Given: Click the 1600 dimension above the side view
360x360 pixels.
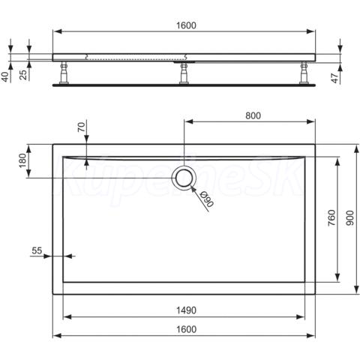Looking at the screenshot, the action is coord(186,25).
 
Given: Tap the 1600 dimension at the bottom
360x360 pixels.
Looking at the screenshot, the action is coord(186,329).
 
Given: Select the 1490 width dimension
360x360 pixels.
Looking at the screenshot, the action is coord(186,310).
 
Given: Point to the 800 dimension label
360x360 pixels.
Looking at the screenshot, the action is coord(253,115).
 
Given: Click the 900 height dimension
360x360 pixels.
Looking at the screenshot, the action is coord(350,218).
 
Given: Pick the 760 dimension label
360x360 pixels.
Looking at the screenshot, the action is coord(331,218).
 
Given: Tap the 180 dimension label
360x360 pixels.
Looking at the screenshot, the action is coord(22,160).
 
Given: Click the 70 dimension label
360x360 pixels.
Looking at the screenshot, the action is coord(81,126).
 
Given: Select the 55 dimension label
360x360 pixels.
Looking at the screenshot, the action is coord(37,250).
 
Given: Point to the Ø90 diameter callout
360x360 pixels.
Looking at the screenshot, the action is coord(207,199).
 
